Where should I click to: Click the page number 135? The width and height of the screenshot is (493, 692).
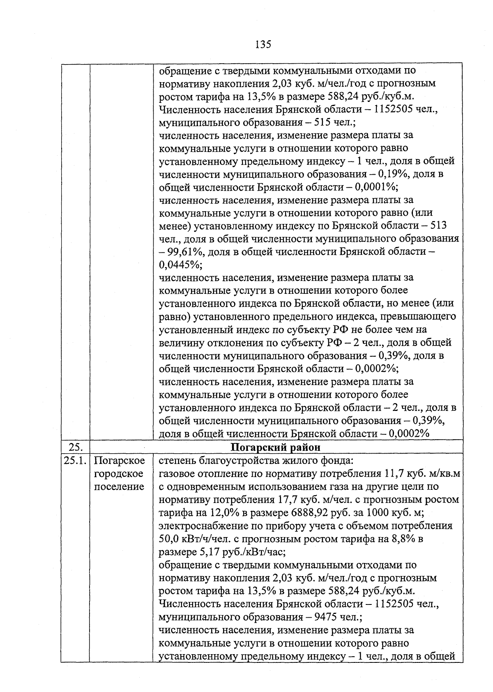[x=263, y=44]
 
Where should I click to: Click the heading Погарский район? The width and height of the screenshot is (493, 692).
[x=276, y=447]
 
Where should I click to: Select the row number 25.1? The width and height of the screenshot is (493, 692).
[x=75, y=460]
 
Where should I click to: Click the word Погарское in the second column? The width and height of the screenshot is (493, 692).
[x=119, y=460]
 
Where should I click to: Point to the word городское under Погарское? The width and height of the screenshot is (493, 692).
[x=119, y=473]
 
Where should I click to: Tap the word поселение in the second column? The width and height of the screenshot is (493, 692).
[x=119, y=487]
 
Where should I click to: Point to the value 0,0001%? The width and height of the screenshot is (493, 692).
[x=376, y=187]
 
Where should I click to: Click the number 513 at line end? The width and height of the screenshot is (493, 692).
[x=439, y=226]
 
